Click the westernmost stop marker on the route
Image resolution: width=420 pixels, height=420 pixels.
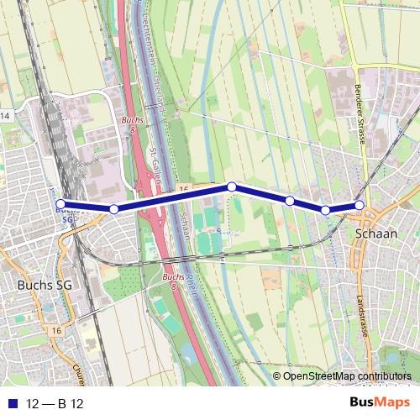pos(60,203)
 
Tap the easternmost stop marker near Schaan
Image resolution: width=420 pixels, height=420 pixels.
pos(360,205)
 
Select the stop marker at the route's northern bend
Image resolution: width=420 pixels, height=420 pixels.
pos(231,186)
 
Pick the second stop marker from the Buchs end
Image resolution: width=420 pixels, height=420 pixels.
pos(113,208)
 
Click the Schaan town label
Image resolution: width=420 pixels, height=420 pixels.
pos(376,234)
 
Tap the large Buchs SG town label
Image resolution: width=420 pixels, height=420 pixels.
pos(45,286)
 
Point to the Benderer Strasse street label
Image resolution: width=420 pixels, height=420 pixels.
pos(359,113)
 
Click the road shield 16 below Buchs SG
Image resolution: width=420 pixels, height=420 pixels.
pos(55,331)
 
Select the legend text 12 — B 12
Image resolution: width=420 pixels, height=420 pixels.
pos(55,403)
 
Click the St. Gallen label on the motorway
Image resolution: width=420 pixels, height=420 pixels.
pos(155,168)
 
